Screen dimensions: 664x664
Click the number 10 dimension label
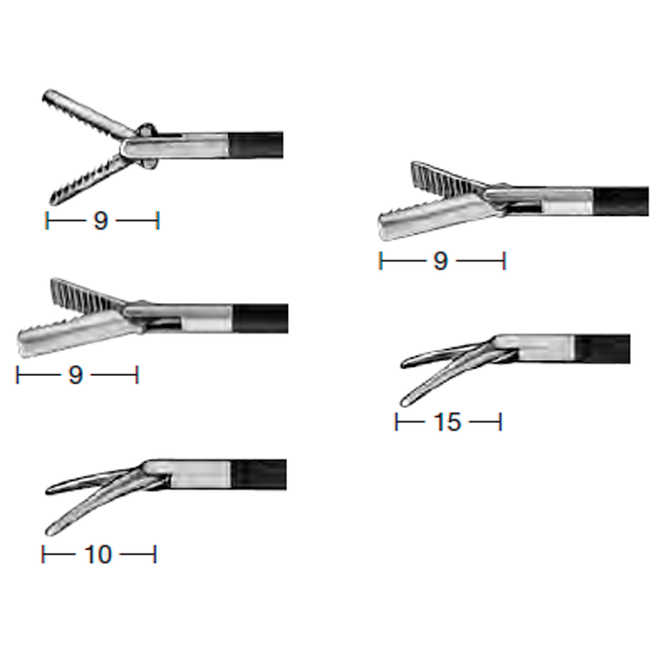tap(98, 554)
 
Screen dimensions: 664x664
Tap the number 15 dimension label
tap(447, 422)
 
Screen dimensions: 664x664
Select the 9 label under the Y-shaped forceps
tap(100, 221)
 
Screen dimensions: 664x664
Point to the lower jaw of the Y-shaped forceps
tap(91, 181)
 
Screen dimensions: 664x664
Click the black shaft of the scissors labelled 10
tap(259, 474)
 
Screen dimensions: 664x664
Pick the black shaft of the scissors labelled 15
tap(603, 349)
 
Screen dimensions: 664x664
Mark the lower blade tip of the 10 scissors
tap(49, 532)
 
